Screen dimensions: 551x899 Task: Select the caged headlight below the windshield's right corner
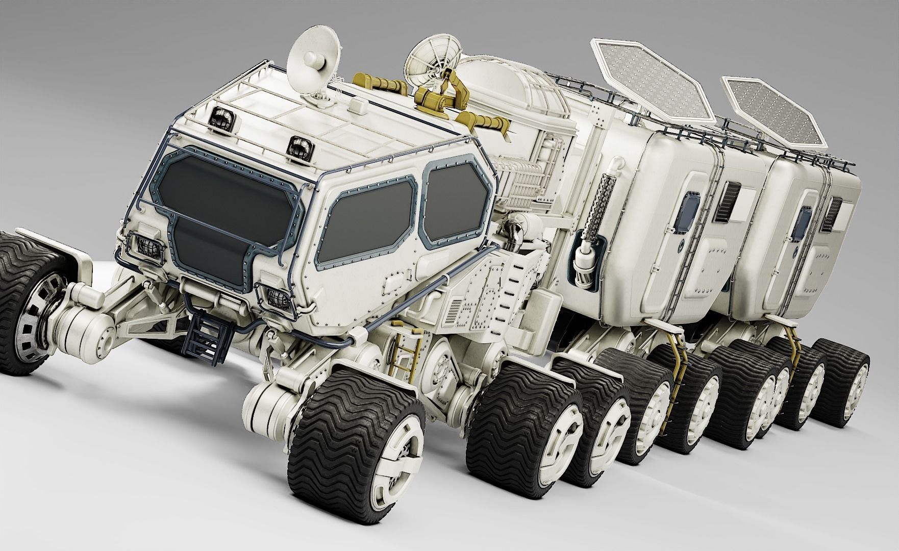click(x=276, y=298)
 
